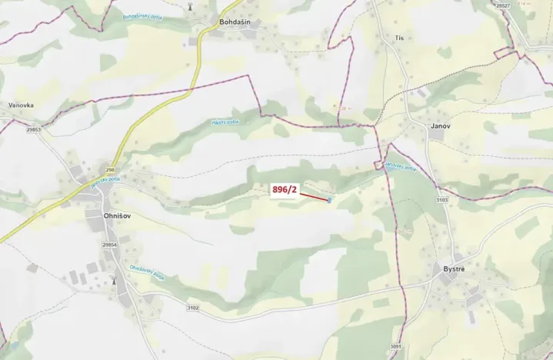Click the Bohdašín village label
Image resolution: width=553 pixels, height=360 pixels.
click(236, 22)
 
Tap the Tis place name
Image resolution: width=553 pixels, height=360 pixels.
click(398, 37)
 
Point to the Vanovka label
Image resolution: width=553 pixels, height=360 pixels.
click(21, 106)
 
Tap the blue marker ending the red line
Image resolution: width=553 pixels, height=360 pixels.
click(329, 201)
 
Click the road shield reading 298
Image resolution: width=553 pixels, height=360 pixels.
click(110, 168)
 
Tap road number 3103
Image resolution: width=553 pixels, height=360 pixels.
click(441, 200)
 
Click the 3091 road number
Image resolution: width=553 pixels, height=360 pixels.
click(395, 347)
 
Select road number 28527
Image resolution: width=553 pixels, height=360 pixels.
click(503, 5)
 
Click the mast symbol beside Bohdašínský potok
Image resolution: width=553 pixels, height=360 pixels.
click(190, 6)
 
